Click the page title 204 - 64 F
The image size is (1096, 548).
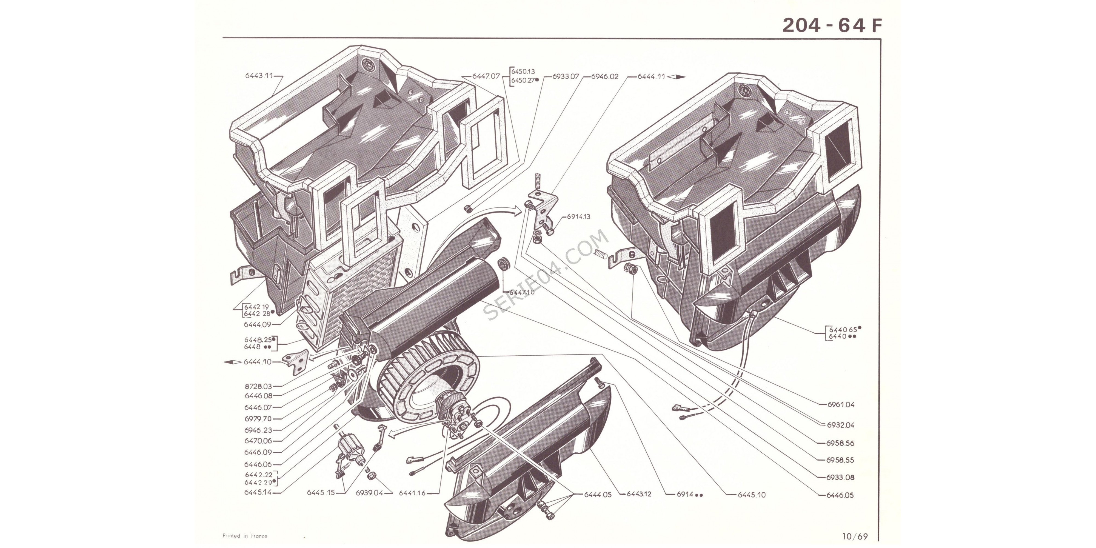click(x=832, y=25)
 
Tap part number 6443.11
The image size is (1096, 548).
click(x=259, y=76)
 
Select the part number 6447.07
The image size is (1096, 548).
click(x=486, y=76)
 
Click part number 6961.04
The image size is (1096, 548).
click(x=841, y=405)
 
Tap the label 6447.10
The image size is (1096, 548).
click(x=522, y=292)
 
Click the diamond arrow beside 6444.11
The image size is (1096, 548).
click(x=677, y=77)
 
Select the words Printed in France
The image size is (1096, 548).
click(x=245, y=536)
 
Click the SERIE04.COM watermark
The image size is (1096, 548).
click(x=547, y=275)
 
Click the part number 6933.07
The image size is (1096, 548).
click(x=566, y=77)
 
